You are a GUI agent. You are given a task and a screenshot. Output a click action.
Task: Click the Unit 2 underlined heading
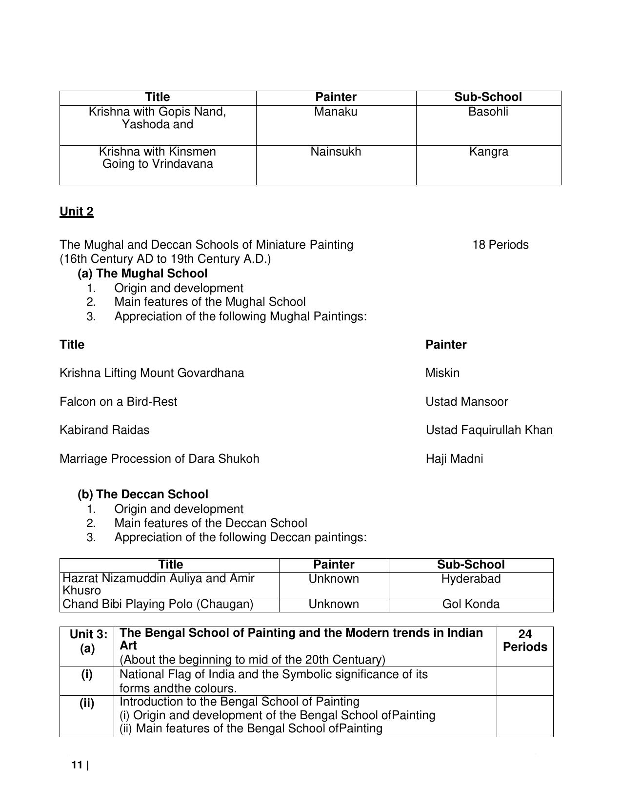tap(77, 212)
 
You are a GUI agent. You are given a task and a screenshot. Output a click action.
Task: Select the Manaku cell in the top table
tap(336, 112)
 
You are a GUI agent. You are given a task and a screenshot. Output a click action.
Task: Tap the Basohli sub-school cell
tap(488, 112)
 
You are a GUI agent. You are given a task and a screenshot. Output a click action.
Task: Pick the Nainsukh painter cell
tap(336, 152)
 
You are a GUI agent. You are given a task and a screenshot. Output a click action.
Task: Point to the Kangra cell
tap(488, 152)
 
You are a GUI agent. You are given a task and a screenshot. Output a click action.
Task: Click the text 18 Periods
tap(500, 245)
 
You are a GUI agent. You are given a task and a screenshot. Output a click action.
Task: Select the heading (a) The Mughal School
tap(142, 274)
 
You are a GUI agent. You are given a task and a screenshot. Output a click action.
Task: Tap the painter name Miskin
tap(442, 373)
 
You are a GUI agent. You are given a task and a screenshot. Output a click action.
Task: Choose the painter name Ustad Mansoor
tap(466, 402)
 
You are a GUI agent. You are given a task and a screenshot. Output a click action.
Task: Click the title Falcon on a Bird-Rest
tap(119, 402)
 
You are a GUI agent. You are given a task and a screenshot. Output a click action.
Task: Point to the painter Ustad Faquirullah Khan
tap(489, 430)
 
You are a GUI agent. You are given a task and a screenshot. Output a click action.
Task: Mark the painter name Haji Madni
tap(454, 459)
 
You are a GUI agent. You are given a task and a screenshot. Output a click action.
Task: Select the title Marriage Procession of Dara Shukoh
tap(160, 459)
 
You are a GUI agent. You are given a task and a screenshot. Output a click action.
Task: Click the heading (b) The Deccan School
tap(143, 494)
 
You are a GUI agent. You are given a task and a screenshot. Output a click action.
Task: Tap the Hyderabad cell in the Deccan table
tap(471, 579)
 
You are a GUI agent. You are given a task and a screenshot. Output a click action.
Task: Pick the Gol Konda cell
tap(471, 605)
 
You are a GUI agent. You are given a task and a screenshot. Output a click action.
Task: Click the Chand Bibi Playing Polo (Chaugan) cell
tap(158, 605)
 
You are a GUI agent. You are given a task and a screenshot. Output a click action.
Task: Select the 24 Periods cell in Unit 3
tap(525, 641)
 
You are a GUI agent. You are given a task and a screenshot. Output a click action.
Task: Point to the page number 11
tap(77, 765)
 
